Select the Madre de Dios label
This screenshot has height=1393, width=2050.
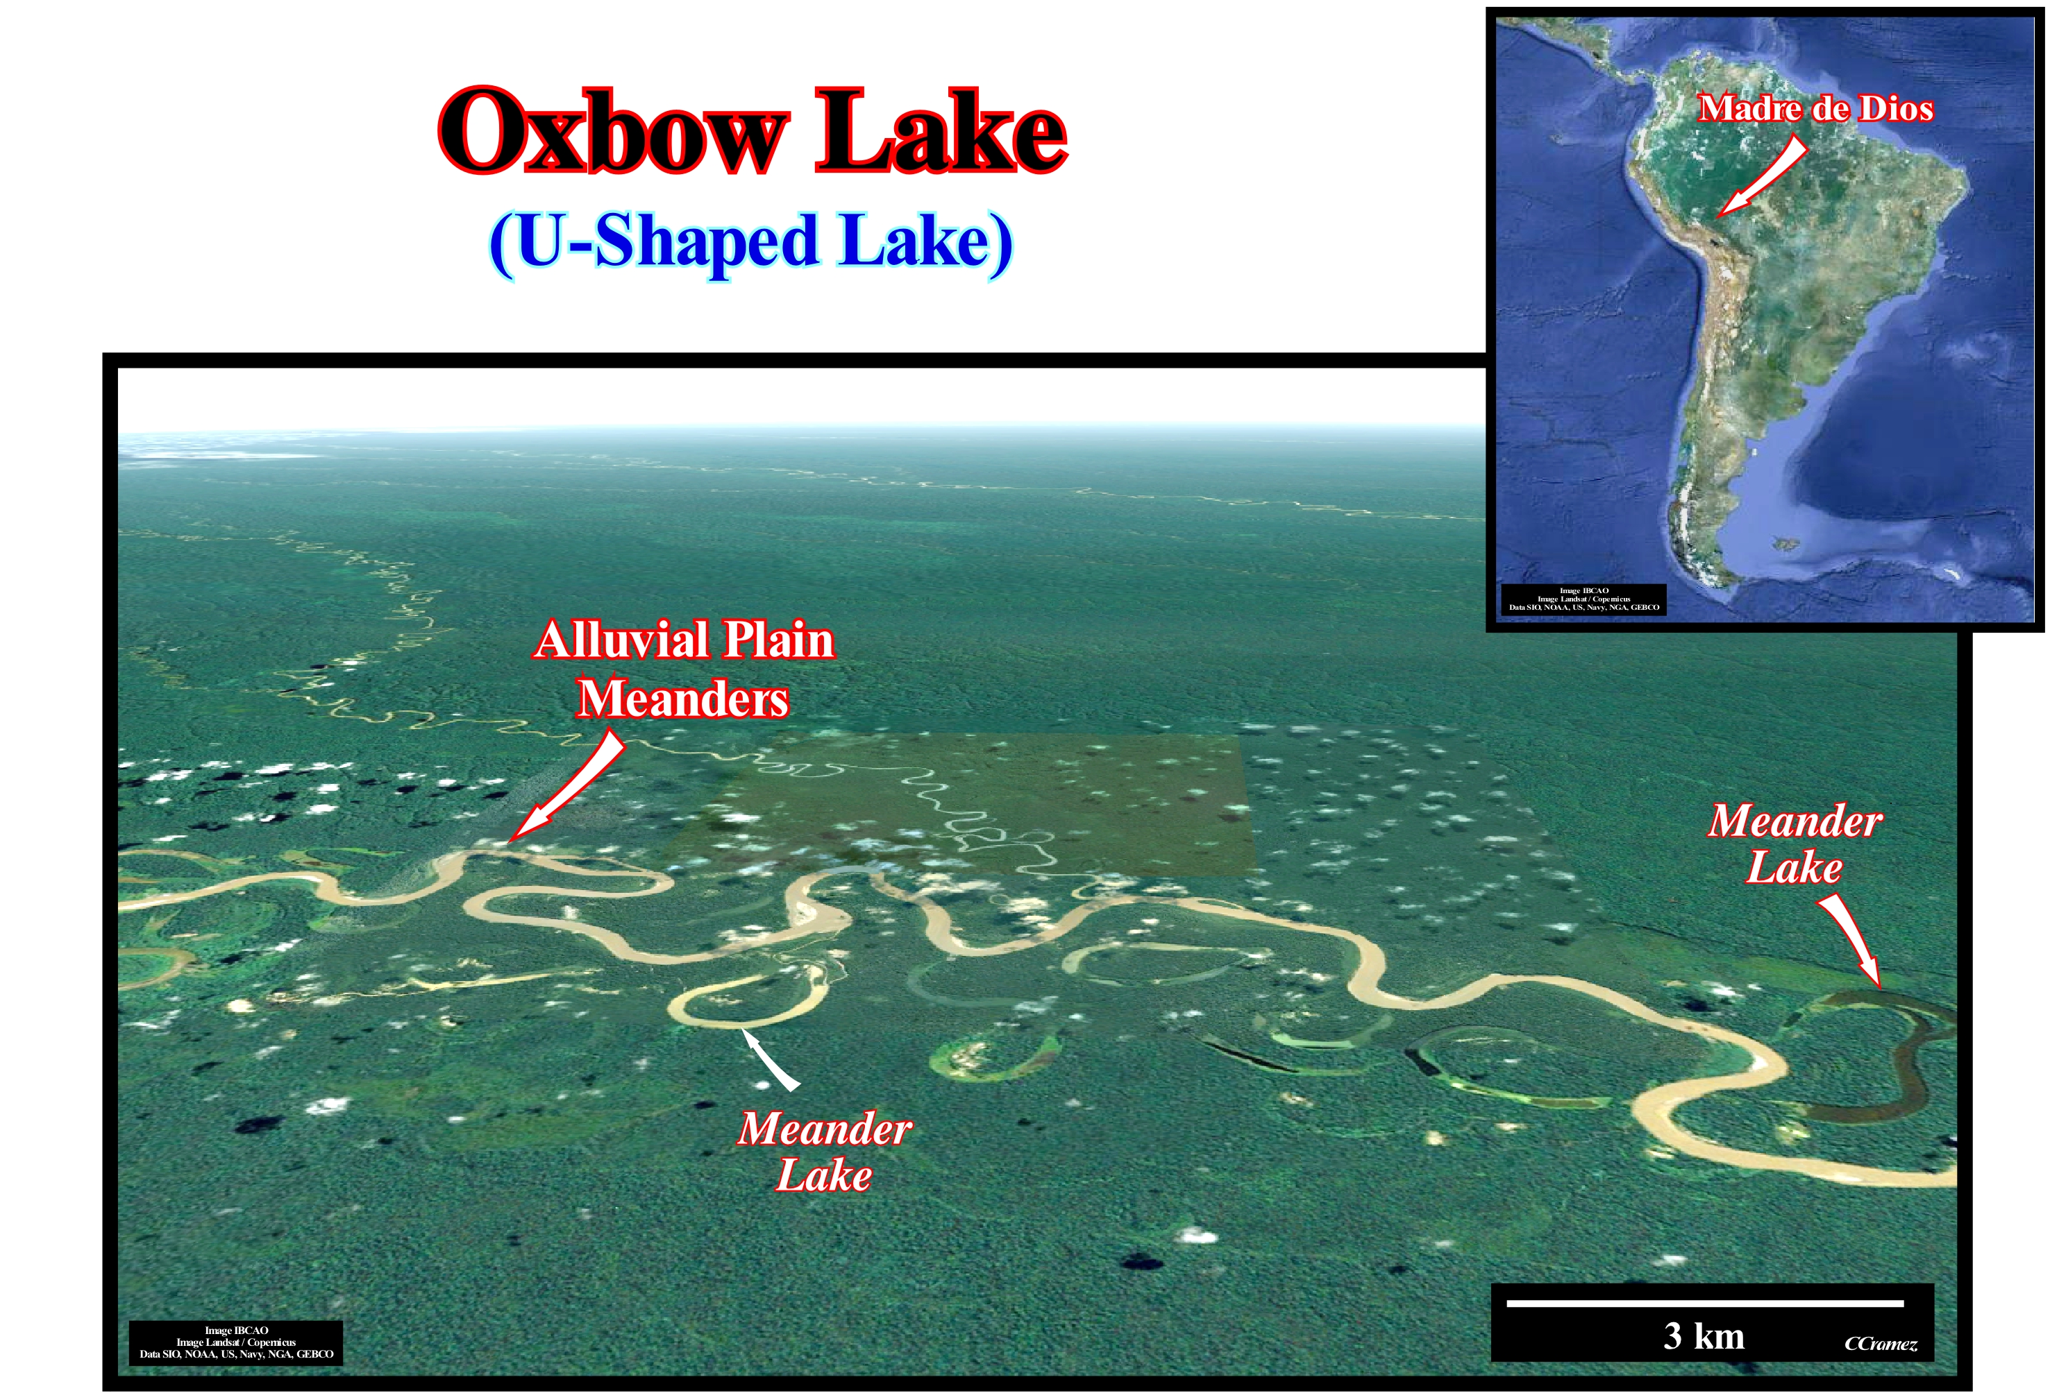[x=1815, y=108]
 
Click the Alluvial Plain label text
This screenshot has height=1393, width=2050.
[x=684, y=640]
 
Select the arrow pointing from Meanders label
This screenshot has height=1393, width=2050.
[x=566, y=787]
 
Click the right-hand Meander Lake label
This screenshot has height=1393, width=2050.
[x=1795, y=844]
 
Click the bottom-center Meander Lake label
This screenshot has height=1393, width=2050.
[x=825, y=1152]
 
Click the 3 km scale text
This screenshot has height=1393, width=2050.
[x=1704, y=1335]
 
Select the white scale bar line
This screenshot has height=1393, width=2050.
[x=1705, y=1302]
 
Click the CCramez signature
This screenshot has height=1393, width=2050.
[x=1881, y=1344]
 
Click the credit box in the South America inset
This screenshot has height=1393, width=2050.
[x=1583, y=599]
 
